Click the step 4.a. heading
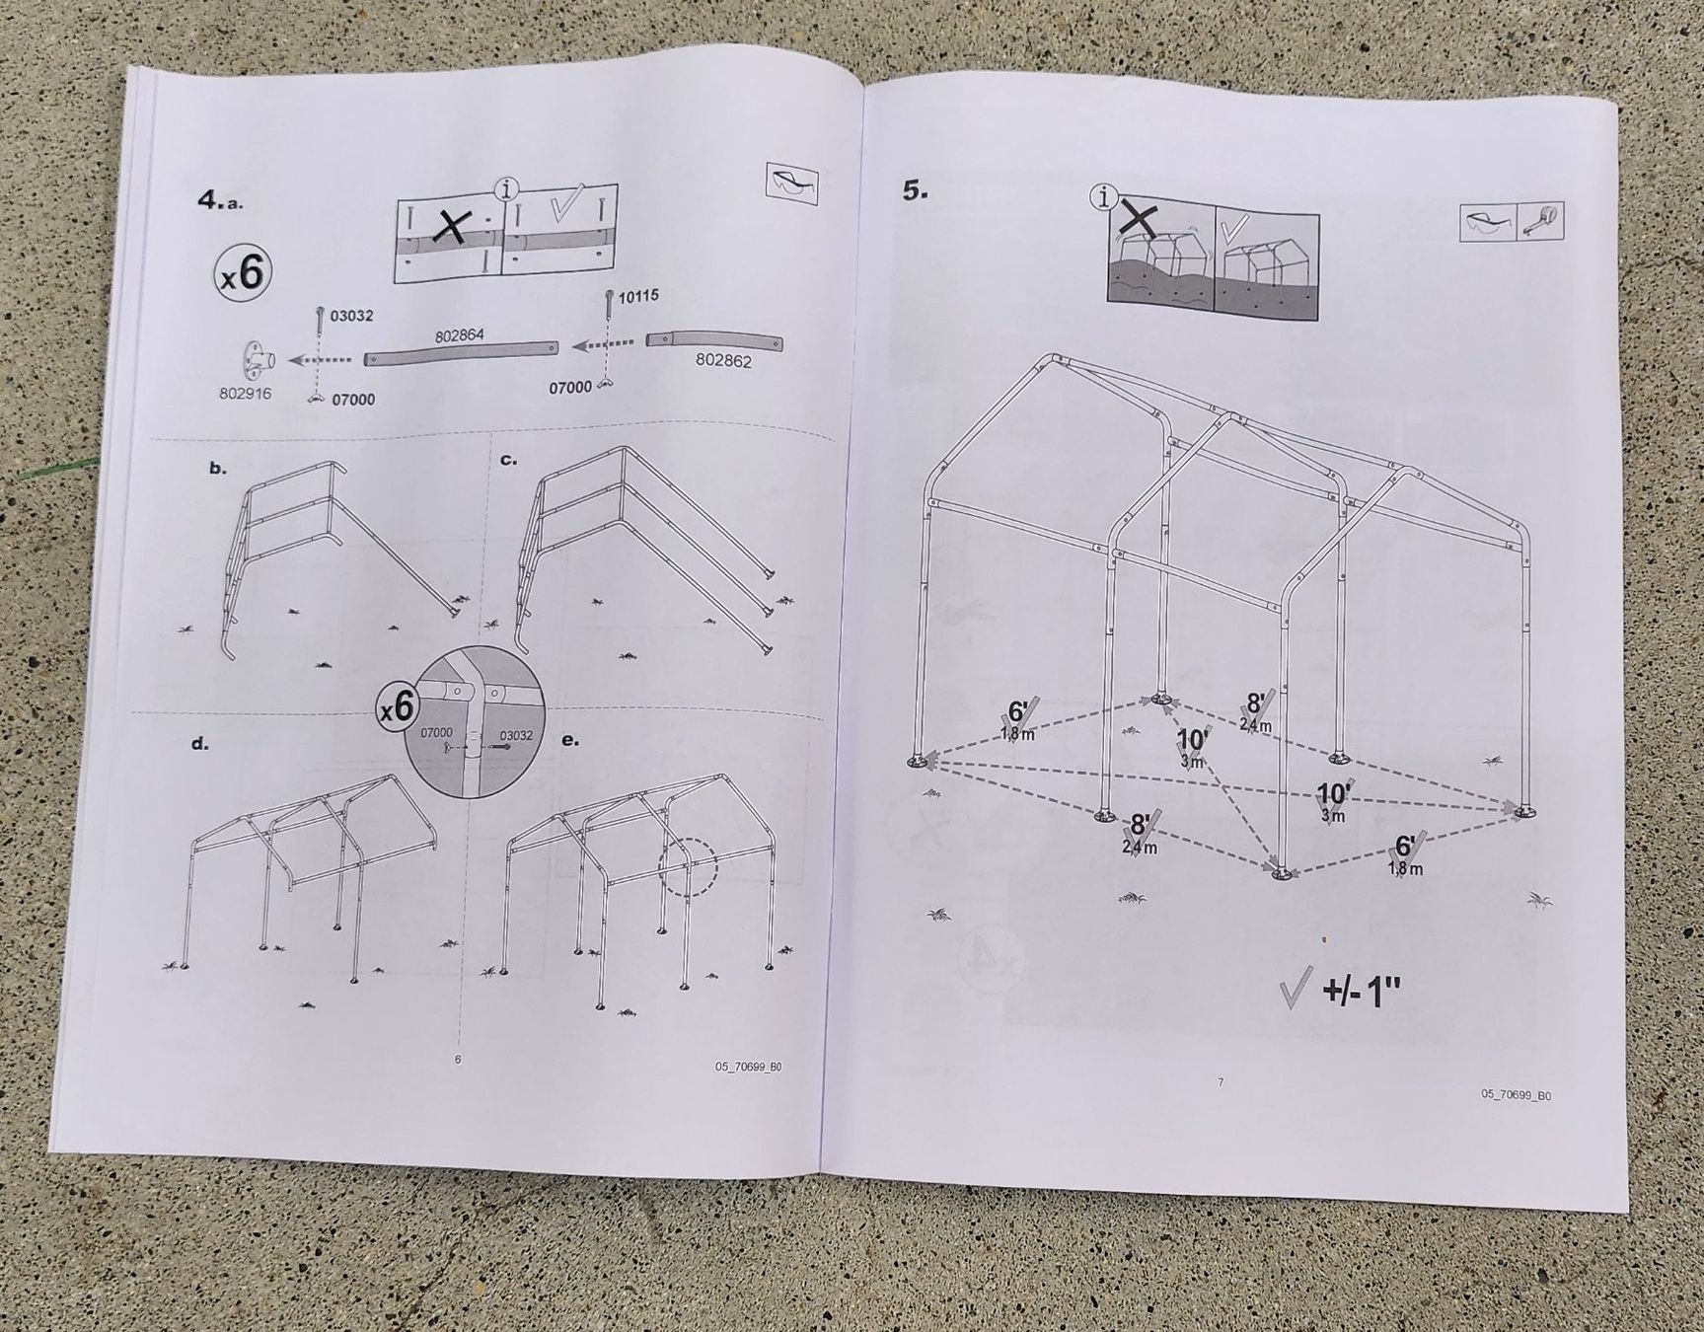220,200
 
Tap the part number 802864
460,336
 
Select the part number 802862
723,361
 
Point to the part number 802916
245,394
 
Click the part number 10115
639,296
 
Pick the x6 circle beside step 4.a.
243,273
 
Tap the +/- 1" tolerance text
1362,990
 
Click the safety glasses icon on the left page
792,185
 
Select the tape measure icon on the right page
1542,221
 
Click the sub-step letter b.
218,469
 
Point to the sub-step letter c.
509,459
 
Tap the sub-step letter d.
200,744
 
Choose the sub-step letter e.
569,739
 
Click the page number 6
457,1060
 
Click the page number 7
1221,1082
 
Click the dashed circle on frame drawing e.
686,867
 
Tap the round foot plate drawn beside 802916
257,361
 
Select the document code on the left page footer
749,1067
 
